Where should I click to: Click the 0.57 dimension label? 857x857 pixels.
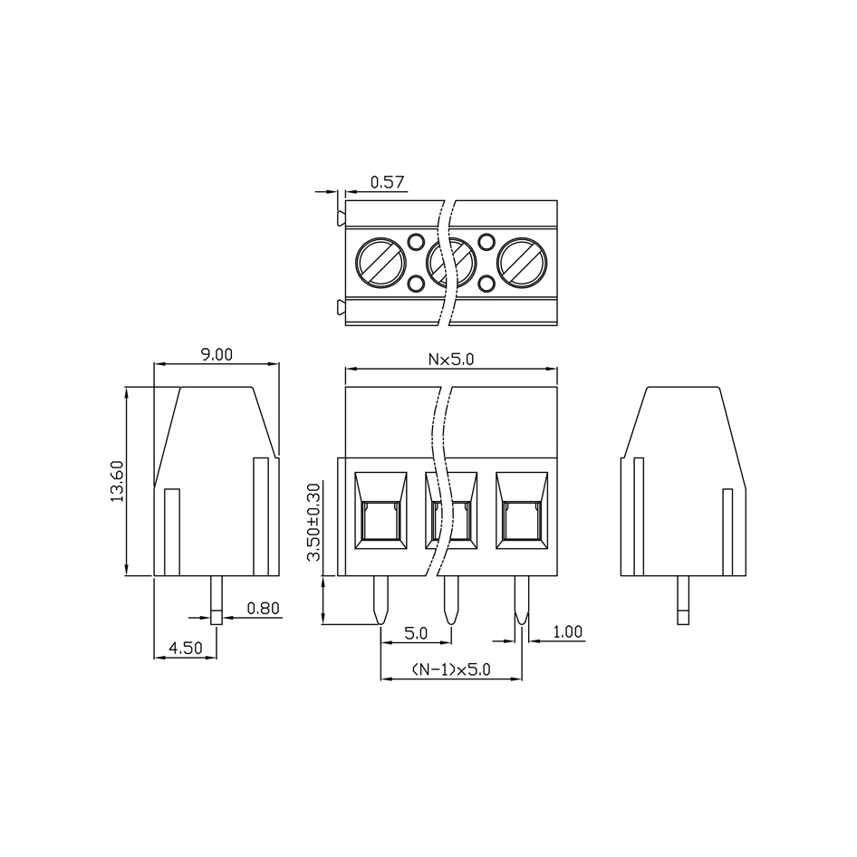(x=388, y=181)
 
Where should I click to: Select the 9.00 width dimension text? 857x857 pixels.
(x=217, y=354)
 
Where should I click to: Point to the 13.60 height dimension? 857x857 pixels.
(x=117, y=481)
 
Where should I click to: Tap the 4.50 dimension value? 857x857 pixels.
(x=186, y=648)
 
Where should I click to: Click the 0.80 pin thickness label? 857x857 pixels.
(x=264, y=608)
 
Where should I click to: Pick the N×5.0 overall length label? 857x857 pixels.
(x=451, y=359)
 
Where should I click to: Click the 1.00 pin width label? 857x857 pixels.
(x=568, y=631)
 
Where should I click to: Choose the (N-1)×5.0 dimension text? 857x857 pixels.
(x=451, y=669)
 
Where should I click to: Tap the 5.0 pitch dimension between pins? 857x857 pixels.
(x=416, y=633)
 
